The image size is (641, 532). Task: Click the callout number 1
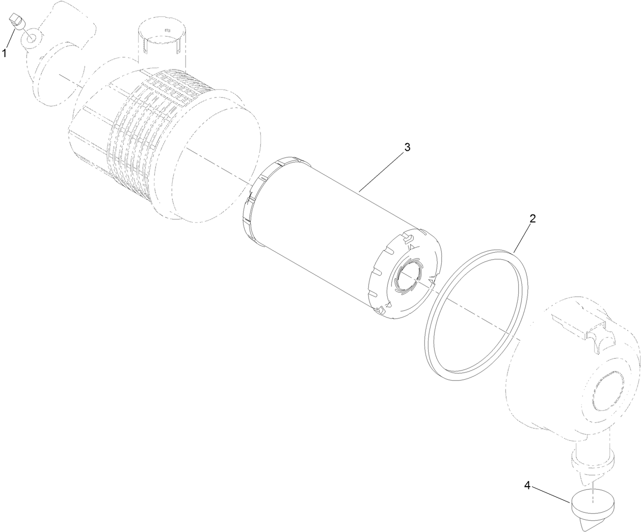(5, 52)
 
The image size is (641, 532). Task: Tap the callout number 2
(532, 219)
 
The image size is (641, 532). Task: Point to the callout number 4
(528, 486)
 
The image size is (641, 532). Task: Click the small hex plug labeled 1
(16, 21)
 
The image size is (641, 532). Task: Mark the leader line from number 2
(523, 236)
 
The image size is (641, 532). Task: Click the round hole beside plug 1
(31, 37)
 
